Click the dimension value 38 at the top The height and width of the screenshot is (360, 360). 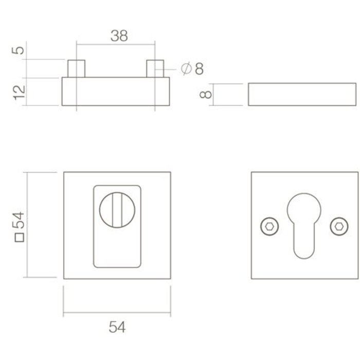[119, 35]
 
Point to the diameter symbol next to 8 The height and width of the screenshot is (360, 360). [187, 68]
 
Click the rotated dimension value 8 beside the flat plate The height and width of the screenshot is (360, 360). [205, 95]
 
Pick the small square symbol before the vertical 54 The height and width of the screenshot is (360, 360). [19, 237]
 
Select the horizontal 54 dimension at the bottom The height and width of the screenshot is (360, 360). [117, 327]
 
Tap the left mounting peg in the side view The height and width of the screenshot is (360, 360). [77, 68]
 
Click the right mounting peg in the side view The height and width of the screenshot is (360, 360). [154, 68]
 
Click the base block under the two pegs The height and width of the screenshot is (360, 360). [116, 92]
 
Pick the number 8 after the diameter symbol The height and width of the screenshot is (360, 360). [199, 68]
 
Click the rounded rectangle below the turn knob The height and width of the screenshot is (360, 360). [117, 247]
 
